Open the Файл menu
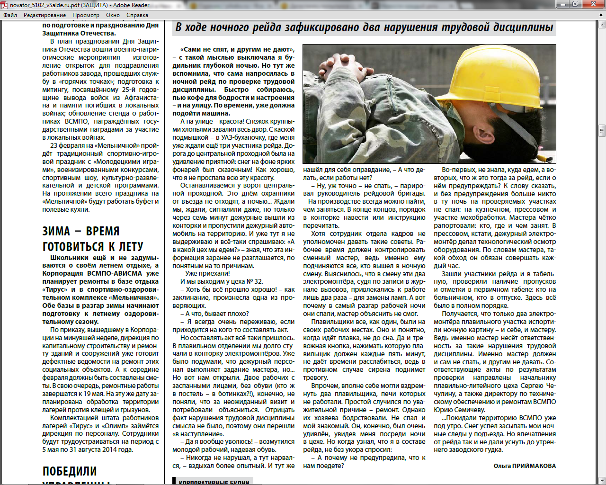[x=10, y=15]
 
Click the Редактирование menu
[x=45, y=15]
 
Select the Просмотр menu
[x=86, y=15]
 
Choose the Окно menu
[x=113, y=15]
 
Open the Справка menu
[x=137, y=15]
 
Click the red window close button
[x=593, y=4]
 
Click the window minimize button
[x=563, y=4]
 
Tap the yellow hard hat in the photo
[x=504, y=81]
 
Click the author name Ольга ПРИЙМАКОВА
[x=525, y=466]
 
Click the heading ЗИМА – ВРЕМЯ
[x=81, y=231]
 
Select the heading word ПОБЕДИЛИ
[x=70, y=471]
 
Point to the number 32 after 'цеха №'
[x=258, y=282]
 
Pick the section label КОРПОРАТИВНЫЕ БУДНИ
[x=214, y=482]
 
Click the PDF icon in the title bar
[x=4, y=5]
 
